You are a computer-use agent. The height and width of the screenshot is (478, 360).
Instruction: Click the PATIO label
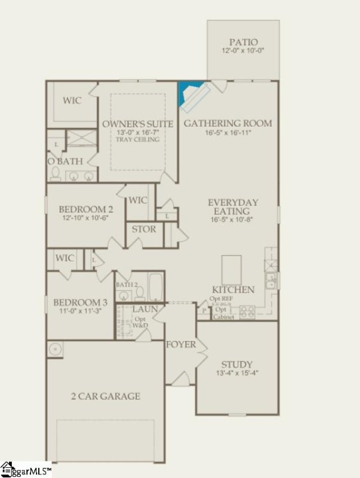tap(244, 42)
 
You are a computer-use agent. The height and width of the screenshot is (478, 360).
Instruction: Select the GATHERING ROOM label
tap(227, 124)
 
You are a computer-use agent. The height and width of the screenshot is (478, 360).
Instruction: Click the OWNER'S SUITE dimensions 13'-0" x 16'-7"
tap(138, 132)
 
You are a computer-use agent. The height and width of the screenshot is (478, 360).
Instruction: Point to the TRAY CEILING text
tap(138, 140)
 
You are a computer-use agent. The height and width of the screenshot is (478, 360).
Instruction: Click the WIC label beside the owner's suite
tap(72, 100)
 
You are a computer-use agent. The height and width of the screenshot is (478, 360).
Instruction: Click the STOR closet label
tap(143, 229)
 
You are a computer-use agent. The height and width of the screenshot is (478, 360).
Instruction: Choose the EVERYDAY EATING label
tap(233, 207)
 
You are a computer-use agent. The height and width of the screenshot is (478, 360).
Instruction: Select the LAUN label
tap(144, 310)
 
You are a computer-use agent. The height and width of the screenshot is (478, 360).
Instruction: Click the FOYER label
tap(181, 345)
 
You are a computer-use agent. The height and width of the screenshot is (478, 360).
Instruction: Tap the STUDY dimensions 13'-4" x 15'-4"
tap(236, 373)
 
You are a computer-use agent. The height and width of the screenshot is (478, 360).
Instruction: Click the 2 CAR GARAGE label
tap(105, 396)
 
